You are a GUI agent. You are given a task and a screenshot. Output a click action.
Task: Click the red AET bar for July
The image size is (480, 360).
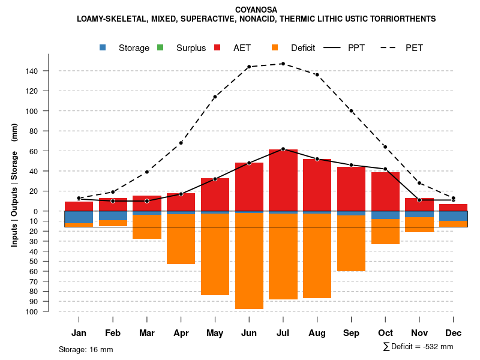coord(283,180)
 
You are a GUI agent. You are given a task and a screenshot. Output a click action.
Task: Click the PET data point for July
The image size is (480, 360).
coord(283,64)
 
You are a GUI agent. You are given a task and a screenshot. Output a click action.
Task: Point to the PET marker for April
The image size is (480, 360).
coord(181,143)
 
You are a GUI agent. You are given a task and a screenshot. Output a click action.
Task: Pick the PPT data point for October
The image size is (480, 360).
coord(385,169)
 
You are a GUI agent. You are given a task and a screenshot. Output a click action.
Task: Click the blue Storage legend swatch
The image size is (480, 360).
coord(103,47)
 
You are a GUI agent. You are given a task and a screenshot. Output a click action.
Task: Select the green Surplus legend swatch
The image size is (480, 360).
coord(160,47)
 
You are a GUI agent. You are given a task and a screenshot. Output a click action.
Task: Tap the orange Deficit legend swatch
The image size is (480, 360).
coord(275,47)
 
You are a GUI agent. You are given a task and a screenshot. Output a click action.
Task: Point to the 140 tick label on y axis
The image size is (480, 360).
coord(32,71)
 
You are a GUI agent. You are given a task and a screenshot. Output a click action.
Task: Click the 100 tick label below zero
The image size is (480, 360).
coord(32,311)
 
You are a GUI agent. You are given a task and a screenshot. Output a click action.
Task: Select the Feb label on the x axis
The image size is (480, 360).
coord(113,333)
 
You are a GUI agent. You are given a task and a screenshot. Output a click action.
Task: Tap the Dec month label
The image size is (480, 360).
coord(454,333)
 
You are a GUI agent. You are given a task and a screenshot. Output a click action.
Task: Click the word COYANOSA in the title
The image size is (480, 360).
coord(256,10)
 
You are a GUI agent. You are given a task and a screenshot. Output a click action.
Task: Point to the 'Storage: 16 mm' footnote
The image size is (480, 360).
coord(86,349)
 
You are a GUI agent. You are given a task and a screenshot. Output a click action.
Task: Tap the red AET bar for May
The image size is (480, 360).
coord(215,195)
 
